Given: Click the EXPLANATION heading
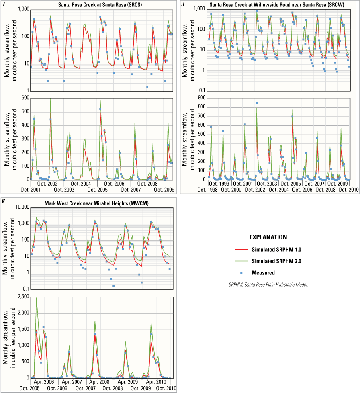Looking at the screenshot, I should point(268,237).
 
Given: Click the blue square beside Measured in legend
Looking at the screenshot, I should point(241,273).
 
